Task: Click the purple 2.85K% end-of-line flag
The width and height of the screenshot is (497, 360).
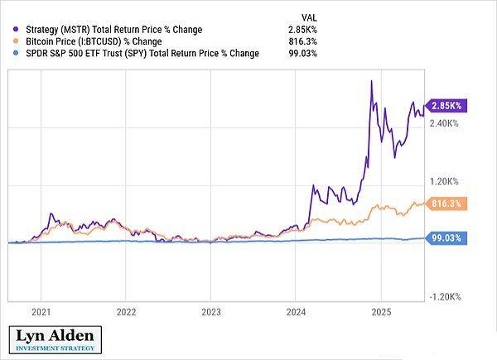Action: point(446,105)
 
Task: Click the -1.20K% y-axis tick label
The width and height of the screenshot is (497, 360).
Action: point(446,296)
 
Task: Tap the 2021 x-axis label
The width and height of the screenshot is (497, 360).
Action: point(41,313)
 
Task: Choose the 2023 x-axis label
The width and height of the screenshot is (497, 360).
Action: point(211,313)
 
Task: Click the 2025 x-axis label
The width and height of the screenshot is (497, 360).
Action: point(380,313)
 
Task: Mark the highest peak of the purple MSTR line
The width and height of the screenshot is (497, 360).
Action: point(372,80)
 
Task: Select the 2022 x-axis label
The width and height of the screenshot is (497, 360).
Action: point(126,313)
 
